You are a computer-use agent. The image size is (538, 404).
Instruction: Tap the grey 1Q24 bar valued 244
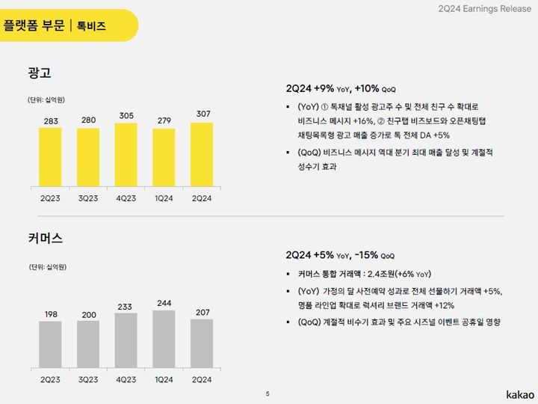(164, 337)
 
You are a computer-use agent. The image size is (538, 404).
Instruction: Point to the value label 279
(164, 120)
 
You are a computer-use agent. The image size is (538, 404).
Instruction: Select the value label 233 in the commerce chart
(126, 306)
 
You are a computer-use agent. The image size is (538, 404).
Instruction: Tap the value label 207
(202, 311)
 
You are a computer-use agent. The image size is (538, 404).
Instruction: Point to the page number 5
(268, 393)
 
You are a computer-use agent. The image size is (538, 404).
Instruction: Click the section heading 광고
(38, 73)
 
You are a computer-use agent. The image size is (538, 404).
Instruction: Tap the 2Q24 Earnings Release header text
(479, 8)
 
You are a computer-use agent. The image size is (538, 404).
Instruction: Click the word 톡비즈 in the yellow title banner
(91, 26)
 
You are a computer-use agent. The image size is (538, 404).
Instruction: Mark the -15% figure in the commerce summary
(367, 254)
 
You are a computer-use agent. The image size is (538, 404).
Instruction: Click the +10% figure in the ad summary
(367, 88)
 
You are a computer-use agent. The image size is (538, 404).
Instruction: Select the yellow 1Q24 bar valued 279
(164, 157)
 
